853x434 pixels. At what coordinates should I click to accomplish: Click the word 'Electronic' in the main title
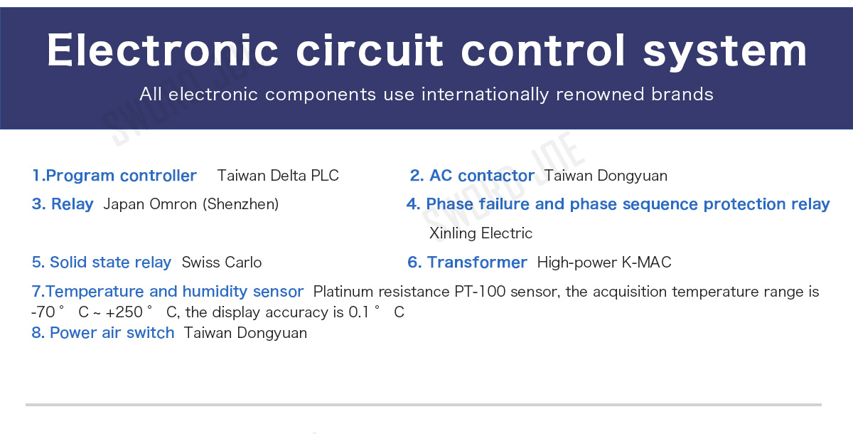click(x=163, y=51)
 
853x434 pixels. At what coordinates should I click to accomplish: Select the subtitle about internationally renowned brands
click(x=426, y=94)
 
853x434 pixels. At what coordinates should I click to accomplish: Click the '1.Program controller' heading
click(x=114, y=176)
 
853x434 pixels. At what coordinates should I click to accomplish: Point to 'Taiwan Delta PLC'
click(x=278, y=176)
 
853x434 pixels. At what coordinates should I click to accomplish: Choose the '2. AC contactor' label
click(x=472, y=176)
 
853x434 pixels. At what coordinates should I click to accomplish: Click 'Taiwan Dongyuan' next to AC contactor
click(x=606, y=176)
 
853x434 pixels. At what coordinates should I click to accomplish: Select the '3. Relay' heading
click(x=63, y=204)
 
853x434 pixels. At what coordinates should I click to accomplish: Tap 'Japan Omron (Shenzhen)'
click(x=191, y=204)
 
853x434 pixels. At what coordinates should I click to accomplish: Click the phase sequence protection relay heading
click(x=618, y=204)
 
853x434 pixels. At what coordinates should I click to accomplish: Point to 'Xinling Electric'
click(x=481, y=233)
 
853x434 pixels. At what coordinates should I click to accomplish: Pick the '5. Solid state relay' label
click(x=101, y=263)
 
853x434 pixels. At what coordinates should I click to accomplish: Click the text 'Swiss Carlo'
click(x=222, y=263)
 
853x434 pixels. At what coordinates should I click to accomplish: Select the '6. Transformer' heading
click(x=467, y=263)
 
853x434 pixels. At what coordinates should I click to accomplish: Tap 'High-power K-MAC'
click(x=604, y=263)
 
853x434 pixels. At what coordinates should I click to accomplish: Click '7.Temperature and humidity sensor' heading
click(x=168, y=292)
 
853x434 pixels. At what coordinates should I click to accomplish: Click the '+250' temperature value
click(x=124, y=312)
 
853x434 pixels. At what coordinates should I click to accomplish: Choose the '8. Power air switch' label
click(x=103, y=333)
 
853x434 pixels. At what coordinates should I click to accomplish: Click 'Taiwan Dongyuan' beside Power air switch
click(x=245, y=334)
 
